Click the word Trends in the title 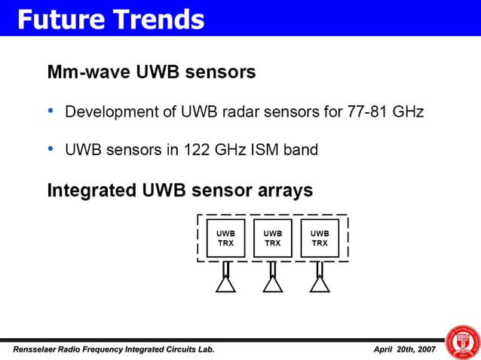159,19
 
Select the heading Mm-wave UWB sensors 151,73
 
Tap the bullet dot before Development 51,111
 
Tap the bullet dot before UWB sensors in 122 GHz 51,149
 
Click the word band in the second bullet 299,150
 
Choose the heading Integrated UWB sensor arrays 179,191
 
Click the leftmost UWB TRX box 225,239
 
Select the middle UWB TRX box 272,239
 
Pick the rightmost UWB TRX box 320,239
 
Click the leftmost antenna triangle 225,284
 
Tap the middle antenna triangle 272,284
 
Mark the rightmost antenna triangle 320,284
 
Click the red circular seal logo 463,342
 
